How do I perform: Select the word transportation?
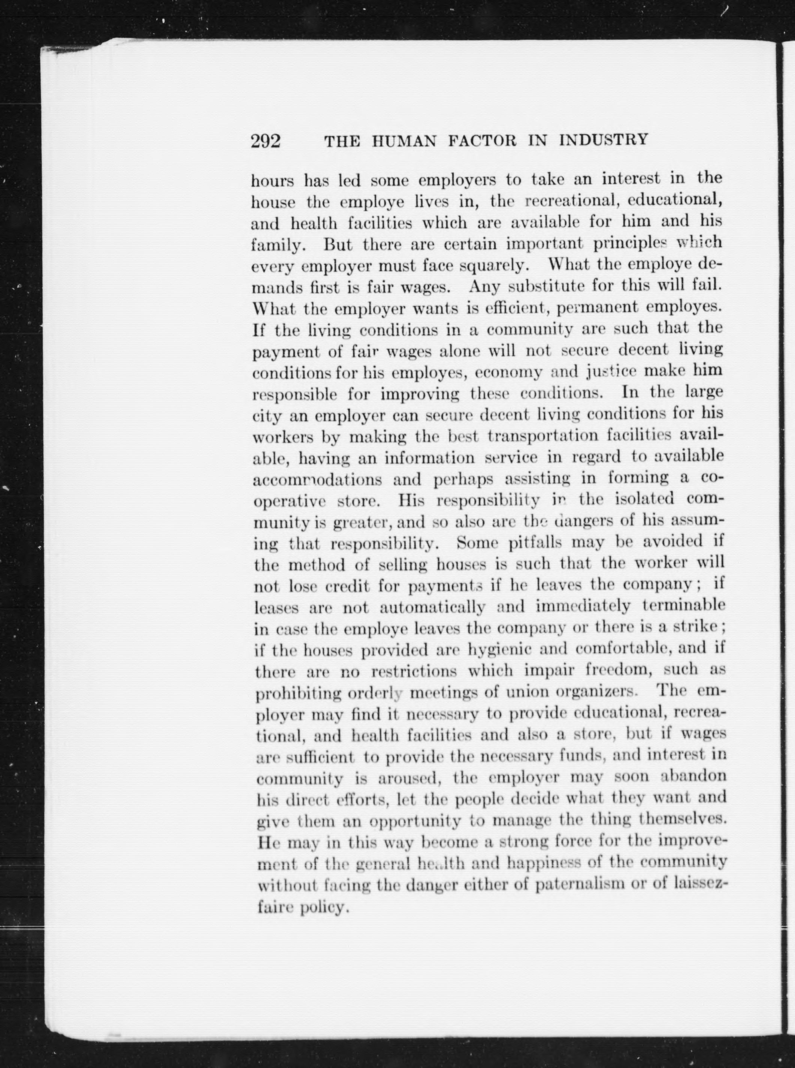coord(544,436)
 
